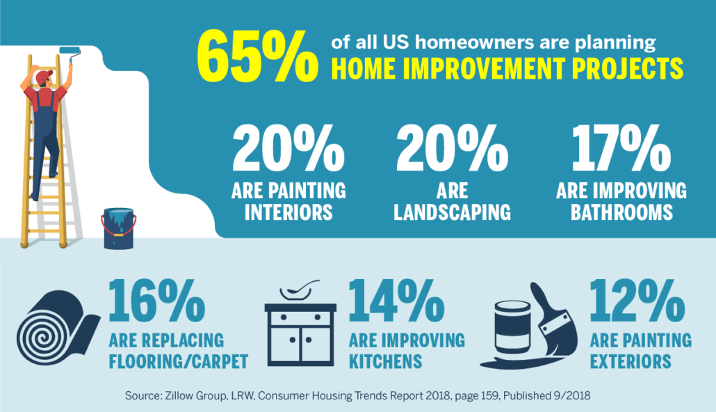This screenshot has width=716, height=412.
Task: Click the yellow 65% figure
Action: pyautogui.click(x=257, y=56)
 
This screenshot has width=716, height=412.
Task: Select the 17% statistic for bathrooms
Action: pyautogui.click(x=621, y=149)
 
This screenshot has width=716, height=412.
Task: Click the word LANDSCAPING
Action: pyautogui.click(x=452, y=212)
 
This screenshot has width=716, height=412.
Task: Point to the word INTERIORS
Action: pyautogui.click(x=288, y=212)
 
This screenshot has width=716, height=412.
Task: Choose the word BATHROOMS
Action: pyautogui.click(x=621, y=212)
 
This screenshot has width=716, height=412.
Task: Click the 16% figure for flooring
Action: pyautogui.click(x=156, y=301)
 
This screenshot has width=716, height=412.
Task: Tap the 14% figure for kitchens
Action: pyautogui.click(x=396, y=301)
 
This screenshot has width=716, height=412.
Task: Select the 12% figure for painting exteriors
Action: pyautogui.click(x=637, y=301)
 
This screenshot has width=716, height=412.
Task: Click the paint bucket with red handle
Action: pyautogui.click(x=119, y=229)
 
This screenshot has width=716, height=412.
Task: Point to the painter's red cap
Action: pyautogui.click(x=44, y=77)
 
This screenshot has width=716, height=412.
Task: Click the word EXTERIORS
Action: pyautogui.click(x=630, y=361)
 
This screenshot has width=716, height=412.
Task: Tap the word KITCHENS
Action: pyautogui.click(x=385, y=361)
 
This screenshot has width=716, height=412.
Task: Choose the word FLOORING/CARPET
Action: pyautogui.click(x=179, y=361)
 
